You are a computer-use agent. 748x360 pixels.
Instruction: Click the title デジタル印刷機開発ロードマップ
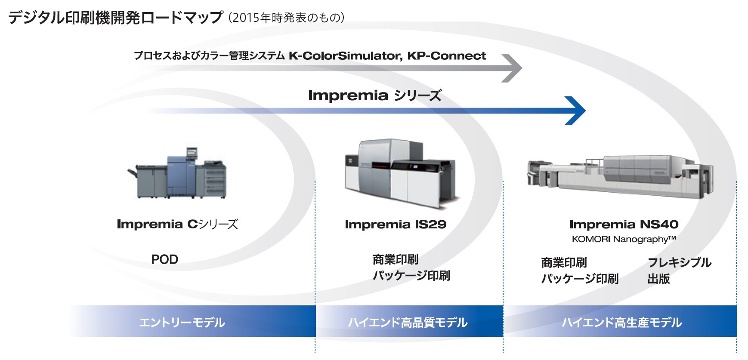click(115, 17)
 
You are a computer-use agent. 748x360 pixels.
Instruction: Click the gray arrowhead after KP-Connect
click(512, 68)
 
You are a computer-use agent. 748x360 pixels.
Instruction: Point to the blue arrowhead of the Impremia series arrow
click(575, 111)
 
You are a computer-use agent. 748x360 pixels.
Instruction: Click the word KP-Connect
click(447, 56)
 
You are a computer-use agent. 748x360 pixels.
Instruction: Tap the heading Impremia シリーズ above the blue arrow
click(375, 95)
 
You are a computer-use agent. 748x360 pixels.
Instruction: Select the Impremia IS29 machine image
click(401, 174)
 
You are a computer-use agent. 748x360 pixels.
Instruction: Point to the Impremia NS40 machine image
click(620, 178)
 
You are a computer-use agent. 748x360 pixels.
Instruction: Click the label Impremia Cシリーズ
click(177, 224)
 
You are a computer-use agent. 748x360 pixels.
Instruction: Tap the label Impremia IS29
click(396, 224)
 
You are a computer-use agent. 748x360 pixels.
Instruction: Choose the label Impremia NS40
click(624, 224)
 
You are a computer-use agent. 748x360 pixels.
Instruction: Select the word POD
click(164, 259)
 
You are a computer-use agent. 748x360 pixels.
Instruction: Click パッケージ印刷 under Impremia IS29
click(411, 276)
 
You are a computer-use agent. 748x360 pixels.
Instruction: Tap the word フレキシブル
click(680, 262)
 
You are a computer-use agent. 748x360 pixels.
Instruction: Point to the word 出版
click(659, 279)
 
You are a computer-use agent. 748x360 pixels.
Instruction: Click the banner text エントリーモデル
click(182, 322)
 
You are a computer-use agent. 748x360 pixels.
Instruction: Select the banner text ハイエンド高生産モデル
click(621, 322)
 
